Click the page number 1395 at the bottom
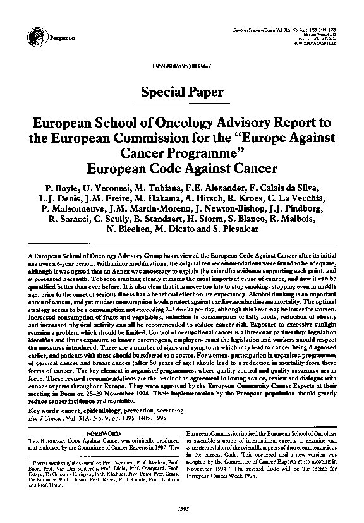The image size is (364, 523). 182,509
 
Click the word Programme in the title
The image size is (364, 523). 212,153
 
